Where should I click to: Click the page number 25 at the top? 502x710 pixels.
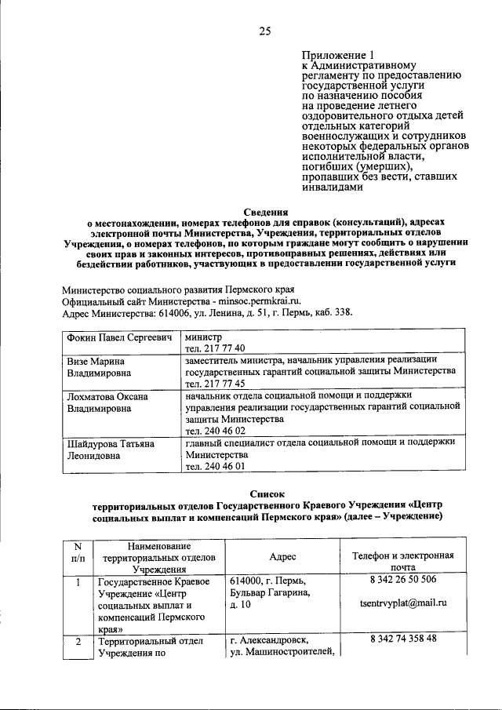[265, 31]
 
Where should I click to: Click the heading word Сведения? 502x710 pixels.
[265, 211]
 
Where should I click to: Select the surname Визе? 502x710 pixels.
[79, 361]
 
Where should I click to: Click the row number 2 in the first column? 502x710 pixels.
[78, 641]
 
